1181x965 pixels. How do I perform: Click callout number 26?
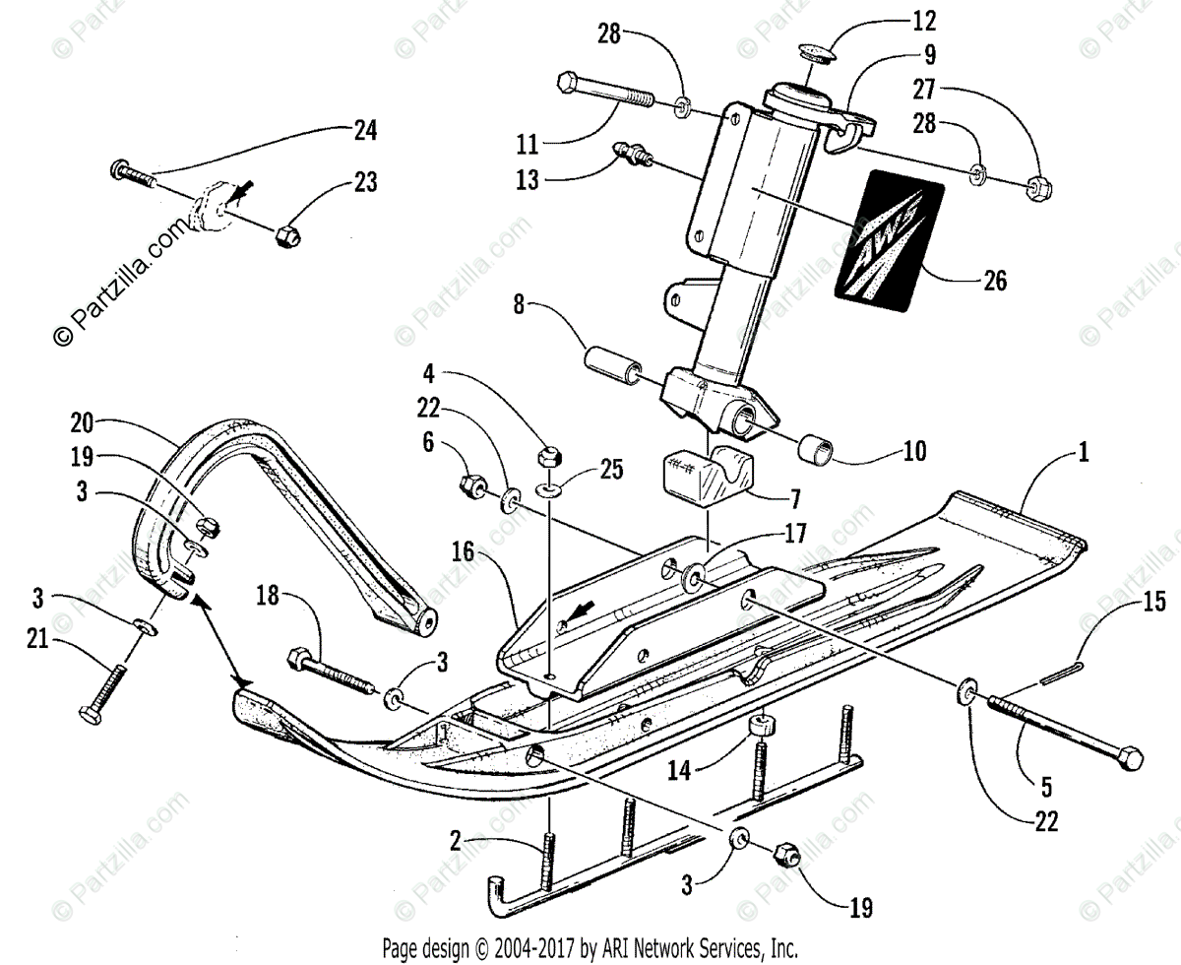995,281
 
